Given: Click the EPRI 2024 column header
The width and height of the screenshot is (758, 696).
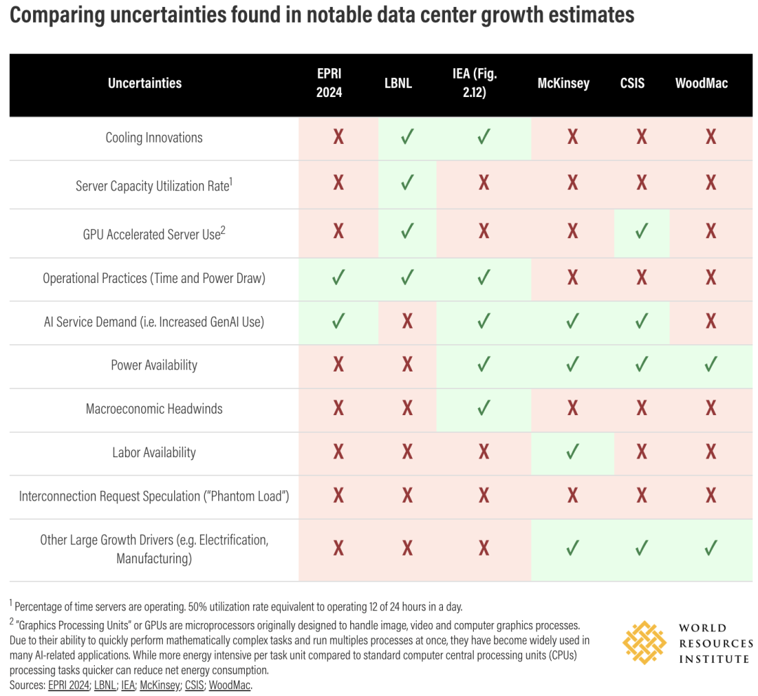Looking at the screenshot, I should [x=329, y=83].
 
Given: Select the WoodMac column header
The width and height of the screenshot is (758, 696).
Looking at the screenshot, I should [x=701, y=84].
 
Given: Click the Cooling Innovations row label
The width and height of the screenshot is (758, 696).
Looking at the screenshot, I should [x=154, y=138].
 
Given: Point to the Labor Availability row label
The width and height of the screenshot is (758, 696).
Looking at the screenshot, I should [x=154, y=452].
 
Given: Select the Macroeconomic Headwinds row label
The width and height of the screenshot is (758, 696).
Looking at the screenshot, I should [x=154, y=409].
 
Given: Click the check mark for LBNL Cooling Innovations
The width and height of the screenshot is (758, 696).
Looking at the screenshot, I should [x=407, y=138].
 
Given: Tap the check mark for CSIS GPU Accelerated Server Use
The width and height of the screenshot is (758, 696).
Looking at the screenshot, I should [x=641, y=231].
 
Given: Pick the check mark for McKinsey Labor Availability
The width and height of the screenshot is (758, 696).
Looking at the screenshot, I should [x=572, y=452].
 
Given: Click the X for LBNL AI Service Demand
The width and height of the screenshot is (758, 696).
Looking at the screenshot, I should [x=407, y=322].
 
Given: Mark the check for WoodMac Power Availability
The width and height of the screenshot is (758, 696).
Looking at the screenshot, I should [x=710, y=365].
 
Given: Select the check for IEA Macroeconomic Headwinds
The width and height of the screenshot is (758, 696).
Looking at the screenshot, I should [x=483, y=408].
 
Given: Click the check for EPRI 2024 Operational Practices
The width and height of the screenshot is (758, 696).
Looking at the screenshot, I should [x=338, y=277].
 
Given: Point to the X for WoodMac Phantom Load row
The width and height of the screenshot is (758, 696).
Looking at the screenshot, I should [x=710, y=496].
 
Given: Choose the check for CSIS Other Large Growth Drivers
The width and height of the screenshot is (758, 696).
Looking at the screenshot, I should [x=641, y=548].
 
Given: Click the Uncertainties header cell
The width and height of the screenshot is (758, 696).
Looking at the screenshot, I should [x=145, y=84].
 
